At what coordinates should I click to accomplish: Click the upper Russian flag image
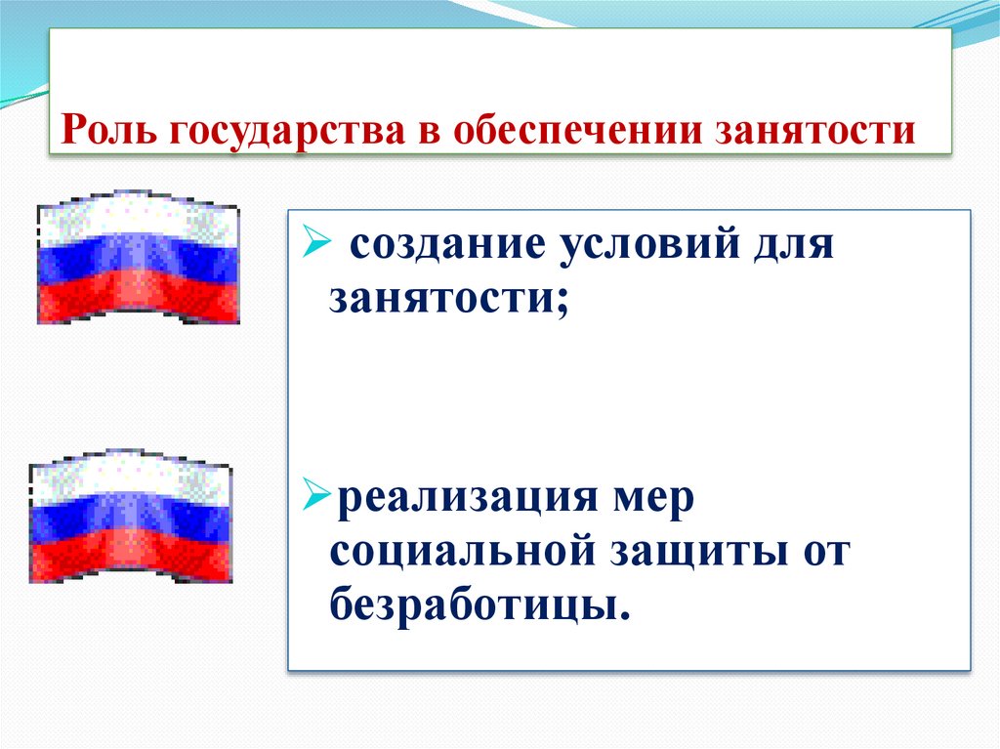coord(138,257)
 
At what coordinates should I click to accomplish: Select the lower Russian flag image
coord(131,518)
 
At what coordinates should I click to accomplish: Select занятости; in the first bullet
coord(449,297)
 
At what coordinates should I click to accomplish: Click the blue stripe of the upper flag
coord(138,256)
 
